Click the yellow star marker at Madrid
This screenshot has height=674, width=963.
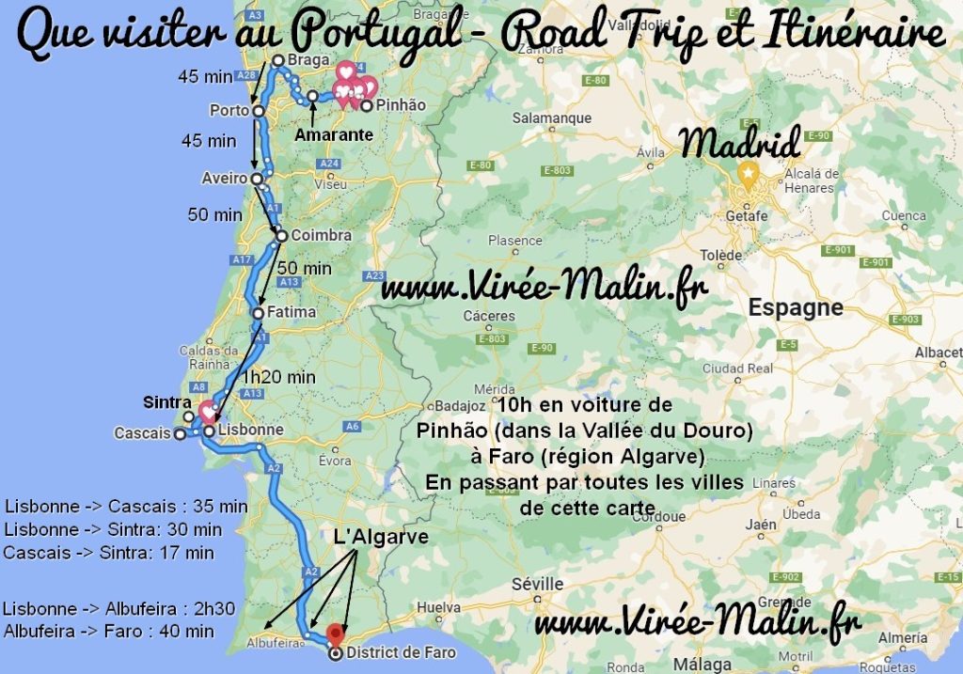(x=748, y=174)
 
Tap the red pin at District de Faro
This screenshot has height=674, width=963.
(x=335, y=635)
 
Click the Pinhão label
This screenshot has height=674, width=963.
(x=401, y=105)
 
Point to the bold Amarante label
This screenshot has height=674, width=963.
(x=334, y=135)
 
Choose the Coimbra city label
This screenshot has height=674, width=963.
(x=321, y=235)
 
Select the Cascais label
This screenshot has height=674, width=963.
(x=142, y=433)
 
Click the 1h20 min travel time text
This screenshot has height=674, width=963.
(x=278, y=377)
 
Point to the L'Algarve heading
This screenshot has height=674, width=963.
(x=381, y=537)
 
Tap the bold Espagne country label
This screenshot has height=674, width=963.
(x=796, y=308)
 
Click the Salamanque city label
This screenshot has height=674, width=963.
(x=552, y=118)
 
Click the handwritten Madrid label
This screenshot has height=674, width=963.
(x=741, y=143)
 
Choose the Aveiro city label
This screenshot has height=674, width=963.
(x=225, y=178)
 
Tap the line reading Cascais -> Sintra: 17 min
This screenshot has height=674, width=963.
(x=108, y=553)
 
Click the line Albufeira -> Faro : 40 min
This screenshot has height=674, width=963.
(x=109, y=631)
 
